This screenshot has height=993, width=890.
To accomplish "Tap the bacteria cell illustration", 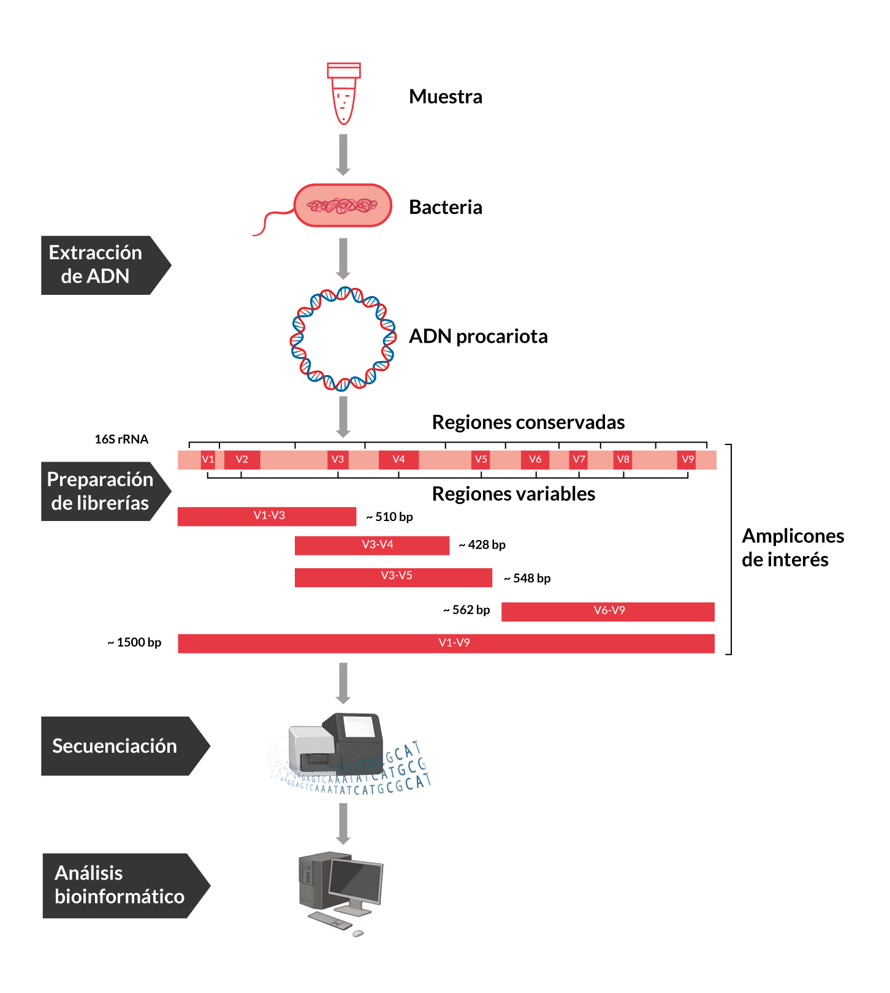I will tap(343, 206).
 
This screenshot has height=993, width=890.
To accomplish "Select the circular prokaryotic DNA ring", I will tap(343, 338).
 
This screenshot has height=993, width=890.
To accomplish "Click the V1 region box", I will tap(208, 460).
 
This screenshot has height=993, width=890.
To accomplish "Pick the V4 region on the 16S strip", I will tap(398, 460).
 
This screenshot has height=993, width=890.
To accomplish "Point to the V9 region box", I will tap(687, 460).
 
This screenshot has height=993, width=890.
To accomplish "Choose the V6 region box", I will tap(534, 460).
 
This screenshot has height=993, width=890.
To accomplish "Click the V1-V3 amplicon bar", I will tap(267, 516).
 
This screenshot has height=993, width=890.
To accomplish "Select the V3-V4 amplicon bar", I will tap(371, 546).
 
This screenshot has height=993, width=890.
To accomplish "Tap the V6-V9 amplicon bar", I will tap(607, 611).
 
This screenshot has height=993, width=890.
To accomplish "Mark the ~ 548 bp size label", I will tap(528, 579).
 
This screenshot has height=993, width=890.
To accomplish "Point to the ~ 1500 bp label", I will tap(135, 642).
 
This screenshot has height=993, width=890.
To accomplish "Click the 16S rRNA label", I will tap(121, 439).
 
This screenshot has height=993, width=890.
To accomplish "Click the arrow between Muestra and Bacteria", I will tap(343, 154).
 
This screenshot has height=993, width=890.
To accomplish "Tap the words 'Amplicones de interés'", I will tap(792, 547).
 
